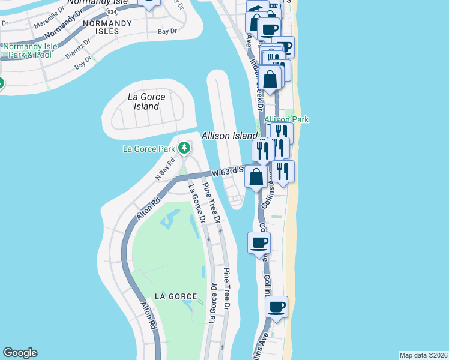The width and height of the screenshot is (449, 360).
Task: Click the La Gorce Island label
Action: [143, 101]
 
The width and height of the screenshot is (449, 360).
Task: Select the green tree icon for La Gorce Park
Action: [184, 148]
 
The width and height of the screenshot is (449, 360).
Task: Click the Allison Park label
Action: [286, 119]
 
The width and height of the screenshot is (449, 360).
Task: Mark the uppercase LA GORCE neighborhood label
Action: [175, 296]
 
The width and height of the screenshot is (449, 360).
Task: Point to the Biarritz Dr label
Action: [78, 46]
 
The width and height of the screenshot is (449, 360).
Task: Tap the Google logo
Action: [19, 353]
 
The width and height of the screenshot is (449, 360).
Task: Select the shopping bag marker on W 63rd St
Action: [256, 178]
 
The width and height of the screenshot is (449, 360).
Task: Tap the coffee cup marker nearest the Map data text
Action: [276, 307]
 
